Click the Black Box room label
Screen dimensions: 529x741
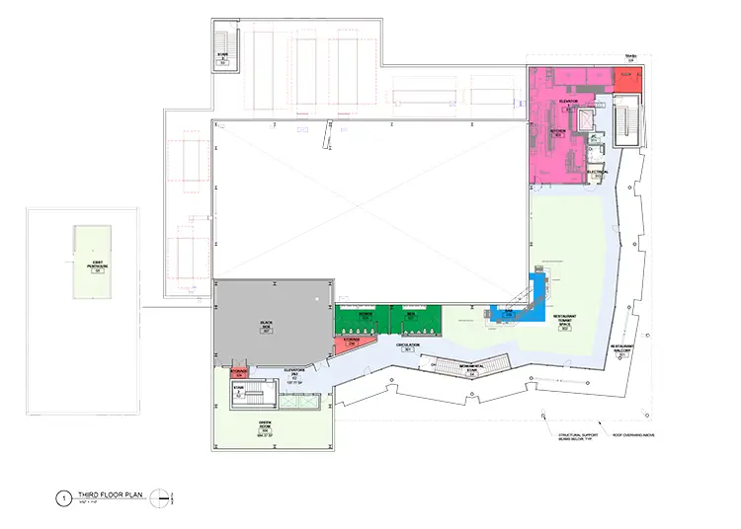coord(267,325)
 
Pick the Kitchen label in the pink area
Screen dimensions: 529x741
coord(559,131)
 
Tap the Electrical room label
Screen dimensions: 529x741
coord(597,172)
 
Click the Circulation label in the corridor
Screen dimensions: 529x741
coord(408,346)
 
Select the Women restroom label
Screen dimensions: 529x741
coord(366,314)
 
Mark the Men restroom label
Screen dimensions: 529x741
coord(411,314)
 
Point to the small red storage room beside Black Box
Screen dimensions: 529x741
coord(239,372)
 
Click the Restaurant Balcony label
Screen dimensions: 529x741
coord(623,347)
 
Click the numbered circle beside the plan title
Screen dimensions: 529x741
coord(63,499)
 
